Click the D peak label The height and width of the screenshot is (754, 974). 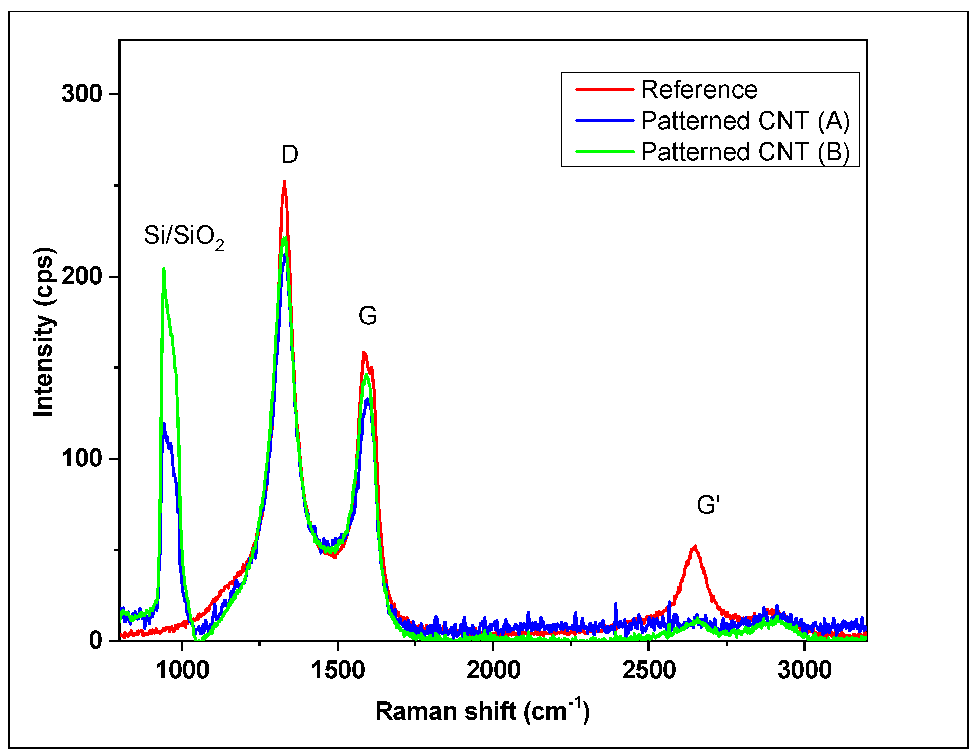[290, 155]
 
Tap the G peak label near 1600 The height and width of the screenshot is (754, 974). [367, 316]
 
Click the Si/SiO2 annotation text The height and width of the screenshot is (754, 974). [184, 236]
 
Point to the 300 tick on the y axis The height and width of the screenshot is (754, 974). [82, 94]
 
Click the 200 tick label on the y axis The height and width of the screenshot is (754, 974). [82, 276]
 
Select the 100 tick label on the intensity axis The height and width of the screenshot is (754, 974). [82, 458]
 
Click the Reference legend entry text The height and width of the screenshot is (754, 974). [699, 90]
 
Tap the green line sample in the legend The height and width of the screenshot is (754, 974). [604, 152]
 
